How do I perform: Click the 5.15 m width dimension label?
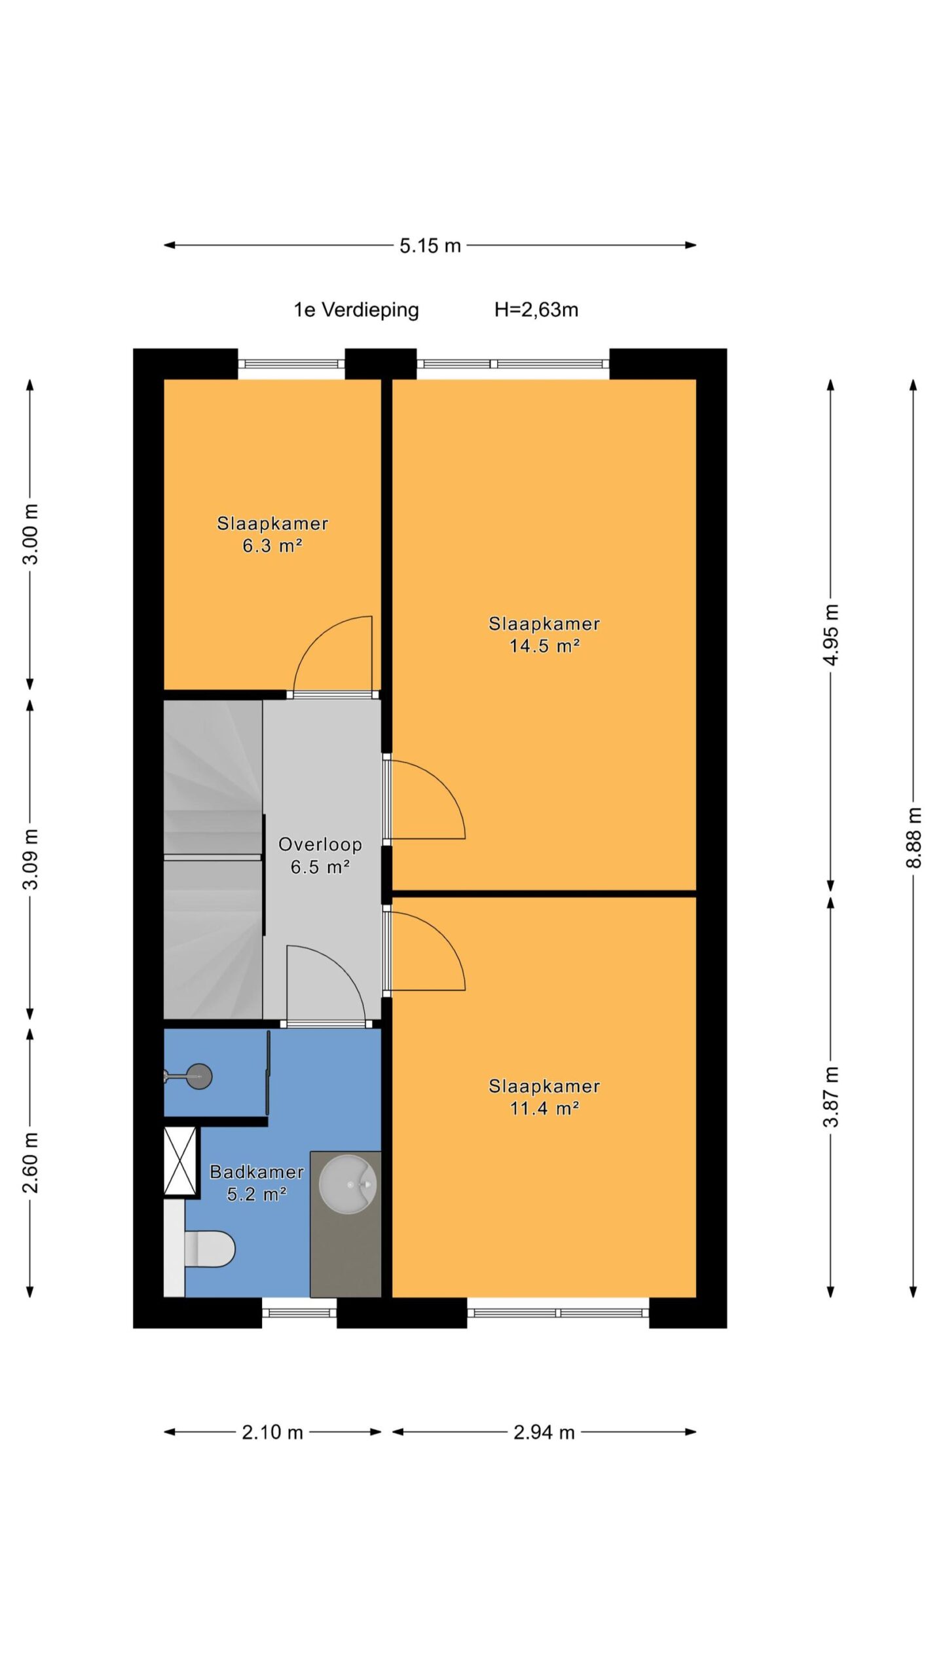[x=430, y=246]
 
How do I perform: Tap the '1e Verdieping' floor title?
[x=356, y=310]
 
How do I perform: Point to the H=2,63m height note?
[x=536, y=310]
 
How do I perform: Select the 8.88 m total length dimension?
[x=914, y=837]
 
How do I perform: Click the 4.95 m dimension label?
[x=831, y=634]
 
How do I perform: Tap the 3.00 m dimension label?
[x=30, y=534]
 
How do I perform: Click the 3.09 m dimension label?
[x=30, y=859]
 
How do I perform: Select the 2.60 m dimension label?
[x=30, y=1162]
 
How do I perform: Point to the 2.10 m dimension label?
[x=272, y=1433]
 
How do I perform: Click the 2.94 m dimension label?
[x=544, y=1433]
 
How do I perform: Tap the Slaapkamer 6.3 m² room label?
[x=272, y=534]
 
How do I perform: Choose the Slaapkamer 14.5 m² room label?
[x=544, y=634]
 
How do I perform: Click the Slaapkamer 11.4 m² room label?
[x=544, y=1097]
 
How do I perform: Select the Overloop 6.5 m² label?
[x=320, y=855]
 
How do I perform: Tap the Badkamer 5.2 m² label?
[x=257, y=1182]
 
